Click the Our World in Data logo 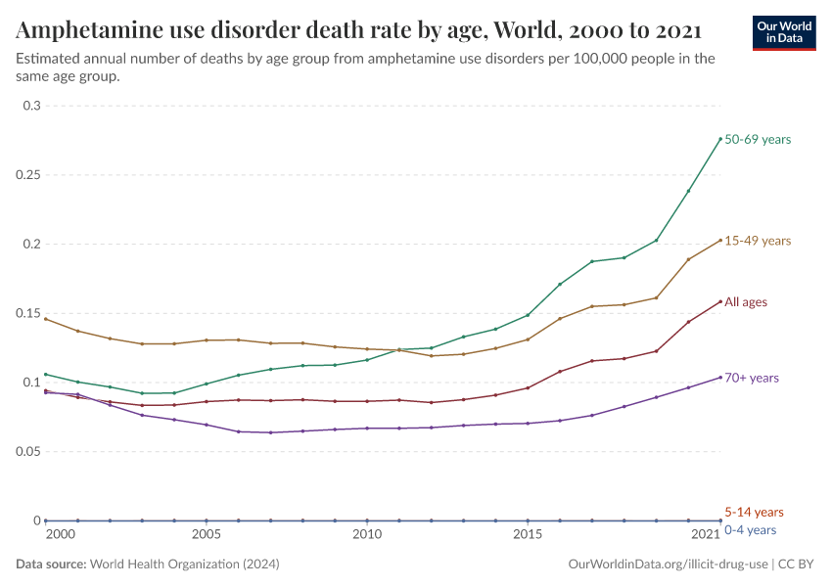coord(783,33)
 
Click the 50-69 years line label coord(757,140)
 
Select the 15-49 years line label coord(757,241)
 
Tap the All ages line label coord(745,302)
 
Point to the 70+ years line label coord(751,378)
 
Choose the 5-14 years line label coord(754,512)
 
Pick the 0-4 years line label coord(750,530)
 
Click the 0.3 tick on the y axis coord(33,106)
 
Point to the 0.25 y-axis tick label coord(29,175)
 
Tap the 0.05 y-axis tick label coord(29,452)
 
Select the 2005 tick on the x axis coord(206,535)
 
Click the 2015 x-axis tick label coord(528,535)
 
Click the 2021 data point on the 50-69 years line coord(720,139)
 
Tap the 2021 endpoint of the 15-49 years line coord(720,241)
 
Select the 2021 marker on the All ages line coord(720,301)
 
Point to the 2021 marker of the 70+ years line coord(720,378)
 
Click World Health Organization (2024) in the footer coord(184,564)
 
